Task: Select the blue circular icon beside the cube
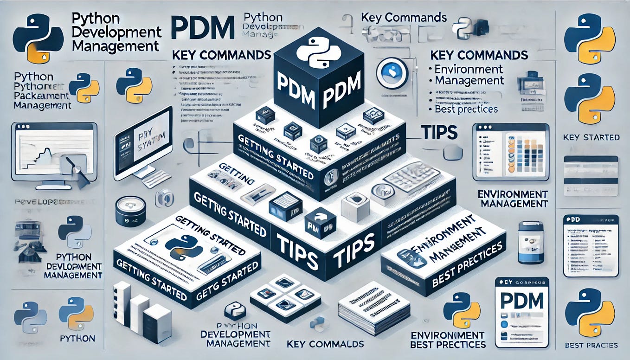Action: tap(392, 73)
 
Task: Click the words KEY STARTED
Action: tap(591, 137)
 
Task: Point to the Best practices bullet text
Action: tap(466, 109)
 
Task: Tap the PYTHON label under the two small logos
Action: tap(77, 338)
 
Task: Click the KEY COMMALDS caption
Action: tap(325, 344)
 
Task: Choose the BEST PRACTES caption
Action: tap(591, 345)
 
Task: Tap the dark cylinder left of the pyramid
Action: tap(130, 211)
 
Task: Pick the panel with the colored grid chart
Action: tap(511, 152)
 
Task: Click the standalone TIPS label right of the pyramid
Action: tap(438, 133)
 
